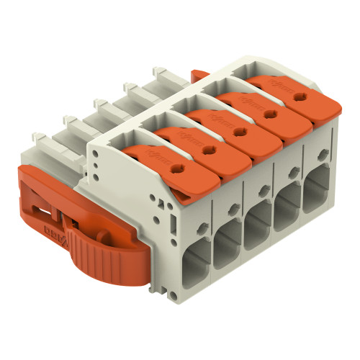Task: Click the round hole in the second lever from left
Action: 210,149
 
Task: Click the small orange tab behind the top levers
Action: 199,73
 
